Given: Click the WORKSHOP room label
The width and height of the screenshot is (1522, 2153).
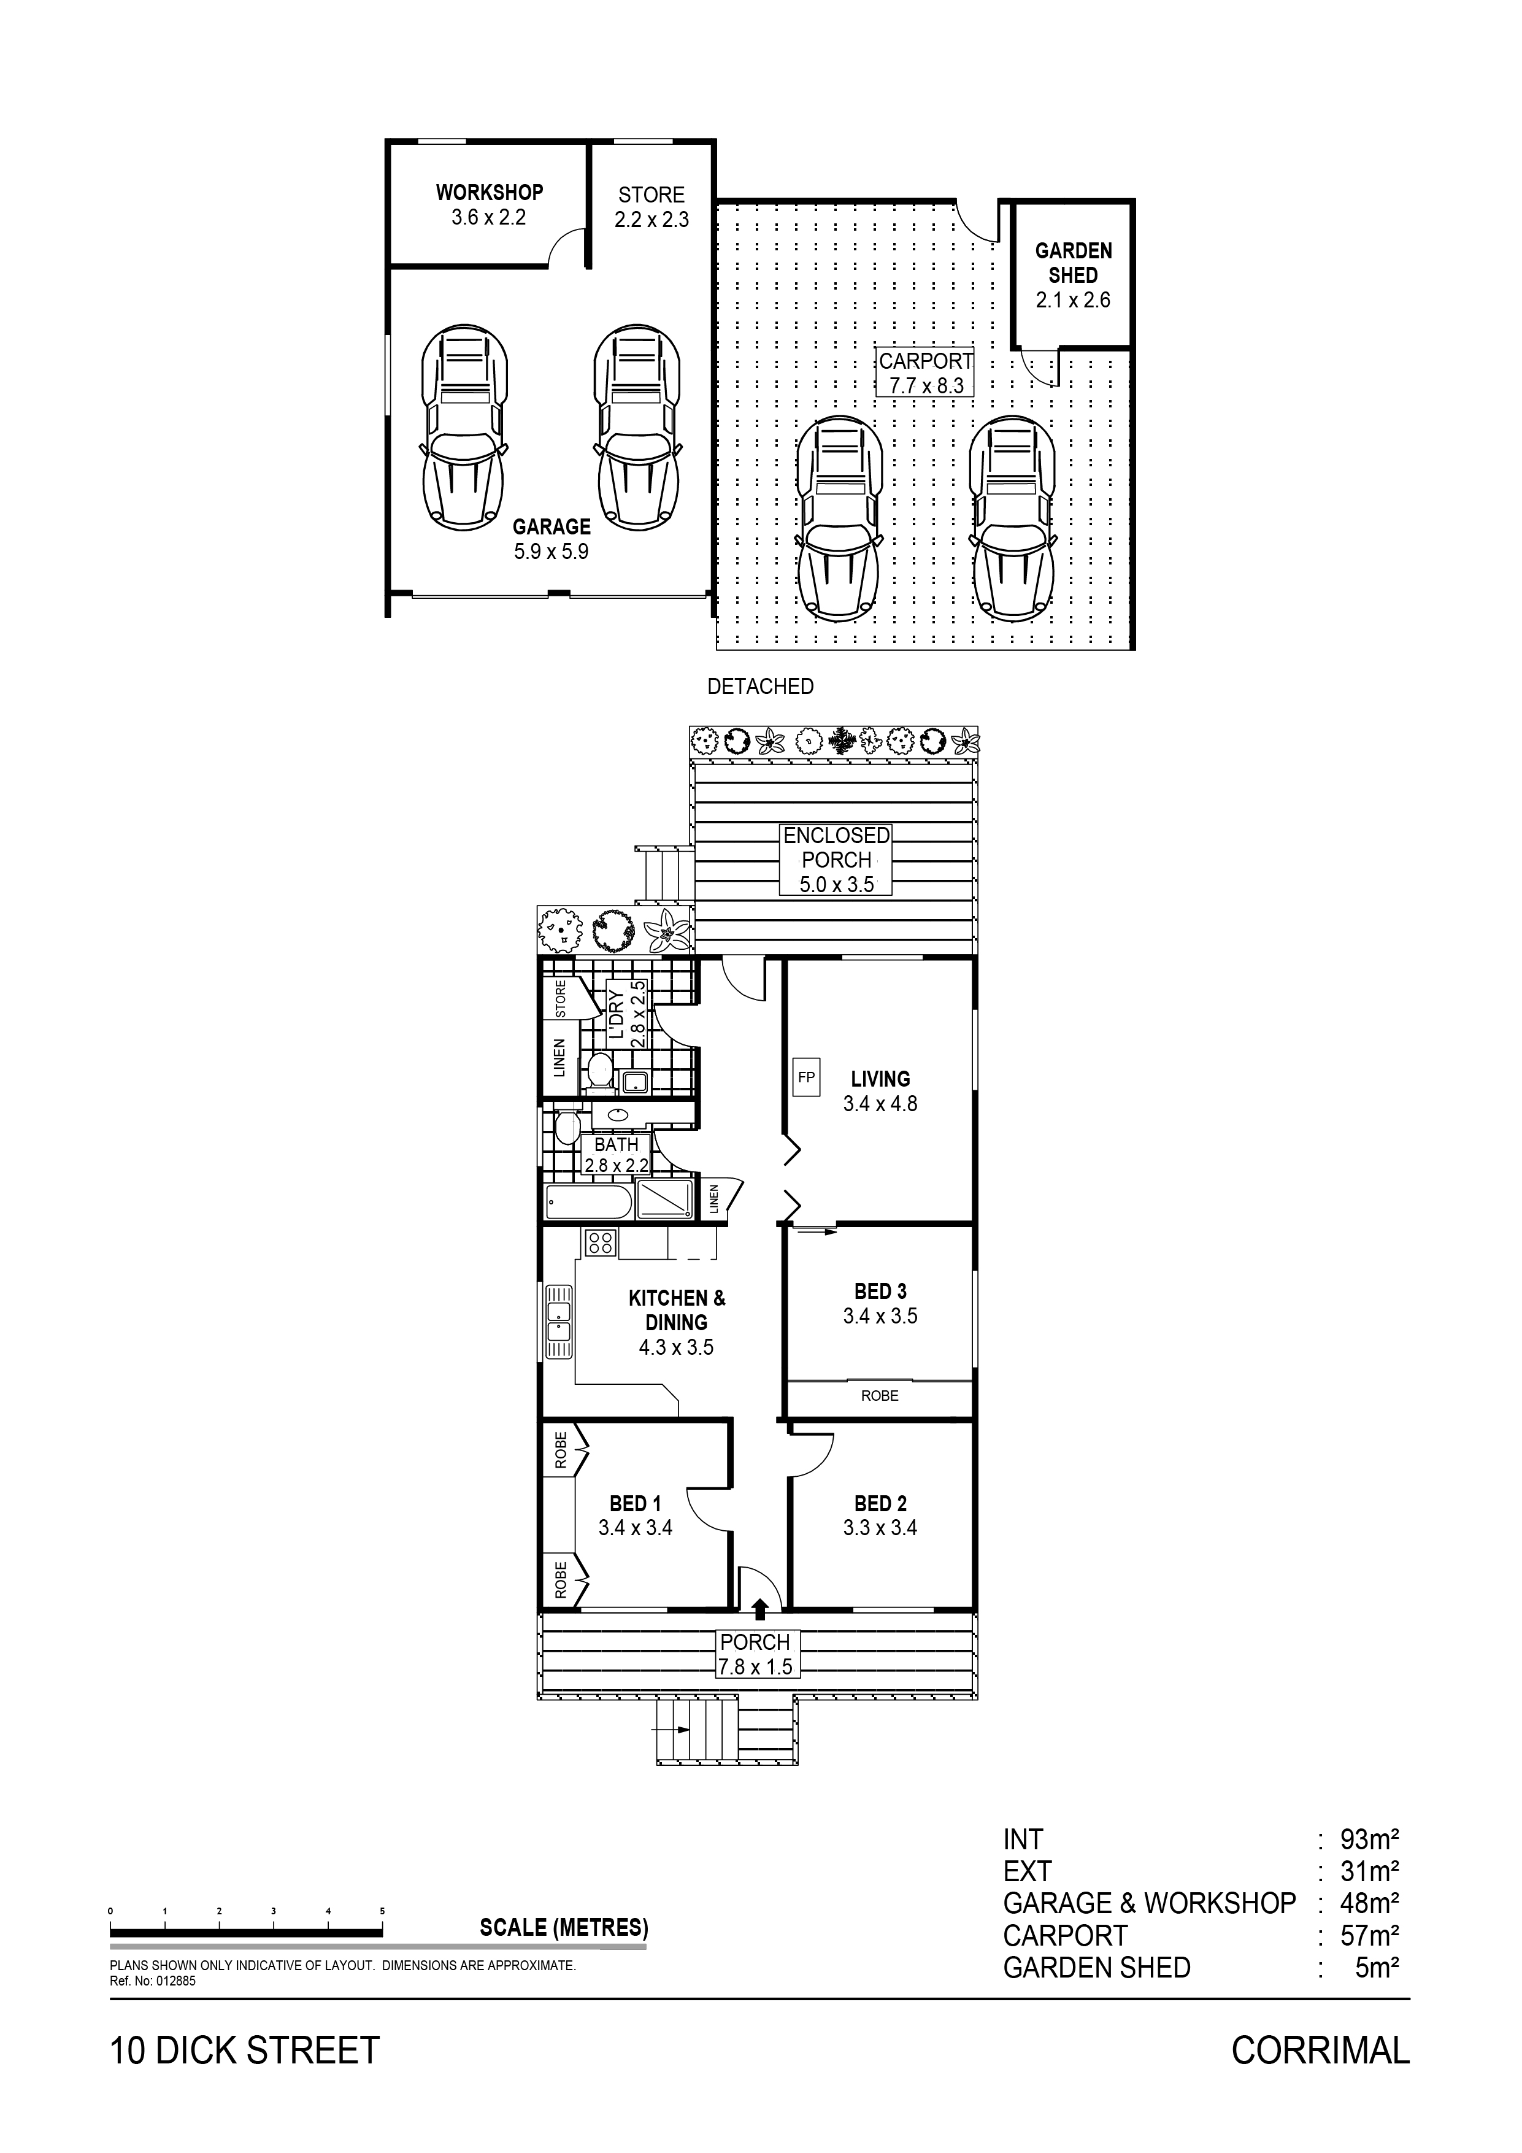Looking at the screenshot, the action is (x=490, y=192).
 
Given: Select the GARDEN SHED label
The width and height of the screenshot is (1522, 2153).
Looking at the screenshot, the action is (x=1074, y=263).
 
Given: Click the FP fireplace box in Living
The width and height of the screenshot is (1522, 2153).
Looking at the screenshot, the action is (x=805, y=1077).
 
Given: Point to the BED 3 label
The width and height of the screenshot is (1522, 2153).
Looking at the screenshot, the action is (x=880, y=1291).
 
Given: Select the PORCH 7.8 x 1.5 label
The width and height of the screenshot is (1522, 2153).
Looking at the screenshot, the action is (x=756, y=1655).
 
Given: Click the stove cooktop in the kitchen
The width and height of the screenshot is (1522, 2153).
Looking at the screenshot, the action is (x=600, y=1244).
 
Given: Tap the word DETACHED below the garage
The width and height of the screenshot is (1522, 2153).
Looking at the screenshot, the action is (x=761, y=687).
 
